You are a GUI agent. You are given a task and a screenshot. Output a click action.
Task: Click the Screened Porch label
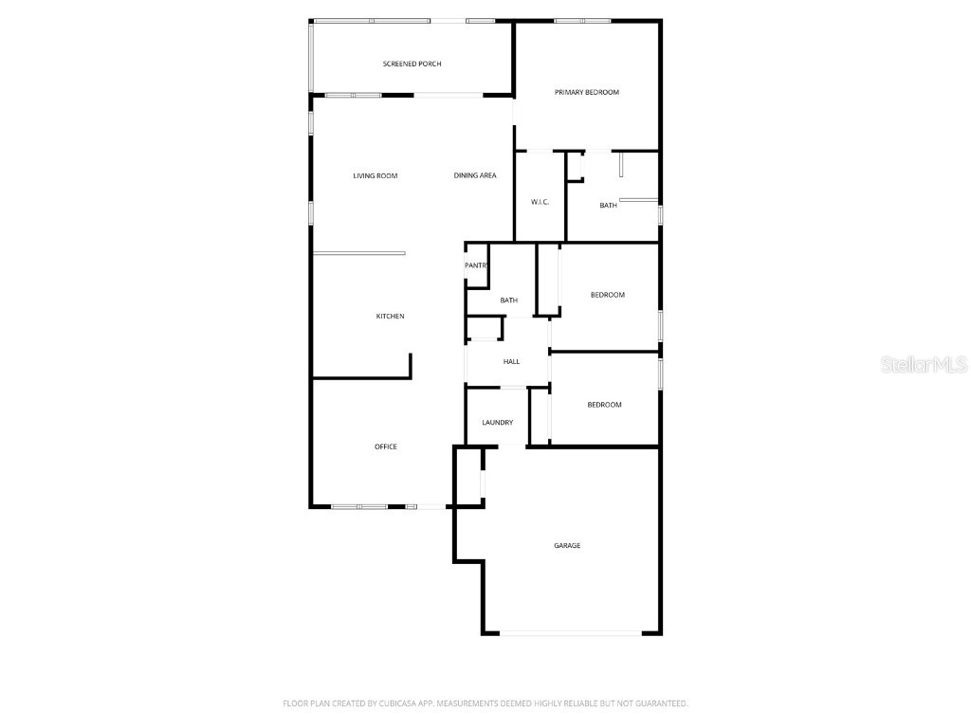[412, 64]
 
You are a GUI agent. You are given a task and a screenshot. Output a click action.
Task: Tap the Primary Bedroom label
[586, 92]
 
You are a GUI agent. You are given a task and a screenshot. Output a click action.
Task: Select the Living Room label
[375, 175]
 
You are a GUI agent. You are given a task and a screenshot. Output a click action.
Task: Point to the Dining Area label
[474, 175]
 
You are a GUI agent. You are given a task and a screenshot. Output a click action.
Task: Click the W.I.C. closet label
[540, 202]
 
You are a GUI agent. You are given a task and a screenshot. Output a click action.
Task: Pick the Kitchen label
[390, 316]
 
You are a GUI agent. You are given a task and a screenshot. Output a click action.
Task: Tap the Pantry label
[476, 265]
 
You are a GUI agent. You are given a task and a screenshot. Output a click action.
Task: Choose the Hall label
[511, 361]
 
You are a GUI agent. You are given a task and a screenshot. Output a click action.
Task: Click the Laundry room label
[497, 423]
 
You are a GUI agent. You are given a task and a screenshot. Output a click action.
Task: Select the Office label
[385, 446]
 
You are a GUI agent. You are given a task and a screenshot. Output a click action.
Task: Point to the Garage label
[567, 545]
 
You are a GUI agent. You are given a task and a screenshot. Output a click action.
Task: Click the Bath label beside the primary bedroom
[608, 205]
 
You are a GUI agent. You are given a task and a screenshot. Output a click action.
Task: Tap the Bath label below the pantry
[509, 300]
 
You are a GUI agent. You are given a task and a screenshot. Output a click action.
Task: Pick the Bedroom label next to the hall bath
[607, 295]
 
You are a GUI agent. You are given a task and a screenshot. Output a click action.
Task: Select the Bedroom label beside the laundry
[604, 405]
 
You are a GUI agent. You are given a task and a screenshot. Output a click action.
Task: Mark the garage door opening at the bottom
[571, 633]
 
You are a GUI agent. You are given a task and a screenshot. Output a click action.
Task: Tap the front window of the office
[360, 506]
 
